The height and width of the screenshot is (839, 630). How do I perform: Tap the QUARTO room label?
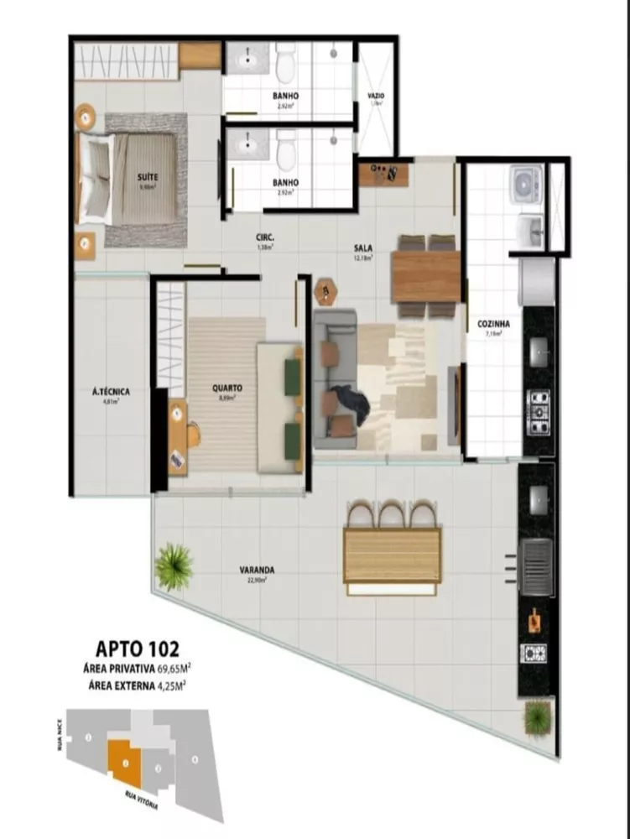(227, 388)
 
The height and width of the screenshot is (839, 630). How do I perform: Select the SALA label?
(362, 248)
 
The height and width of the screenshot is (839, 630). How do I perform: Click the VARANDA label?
(256, 570)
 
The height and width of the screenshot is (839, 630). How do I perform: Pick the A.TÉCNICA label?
(110, 392)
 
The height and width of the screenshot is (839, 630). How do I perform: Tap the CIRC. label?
(266, 237)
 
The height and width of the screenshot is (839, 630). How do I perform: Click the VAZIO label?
(376, 96)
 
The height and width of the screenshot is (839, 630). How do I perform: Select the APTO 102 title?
(137, 649)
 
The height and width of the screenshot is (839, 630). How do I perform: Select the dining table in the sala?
(426, 276)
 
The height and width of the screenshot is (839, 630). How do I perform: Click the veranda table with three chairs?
(393, 554)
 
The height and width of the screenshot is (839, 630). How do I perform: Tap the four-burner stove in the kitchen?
(537, 410)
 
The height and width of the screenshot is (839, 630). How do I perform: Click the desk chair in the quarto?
(194, 434)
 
